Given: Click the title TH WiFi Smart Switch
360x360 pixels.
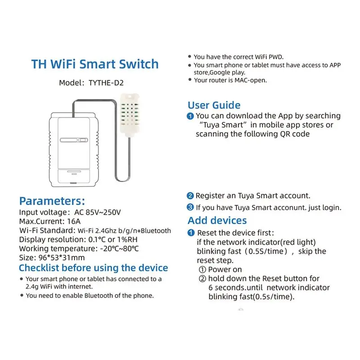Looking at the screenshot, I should pos(94,63).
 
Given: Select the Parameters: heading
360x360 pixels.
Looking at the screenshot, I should pos(52,201).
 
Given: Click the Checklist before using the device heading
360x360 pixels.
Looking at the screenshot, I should pos(93,268).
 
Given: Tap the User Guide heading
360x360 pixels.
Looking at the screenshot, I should pos(214,105).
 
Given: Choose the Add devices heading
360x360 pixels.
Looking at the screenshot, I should pos(217,220).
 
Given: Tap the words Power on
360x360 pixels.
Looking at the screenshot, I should pos(225,269).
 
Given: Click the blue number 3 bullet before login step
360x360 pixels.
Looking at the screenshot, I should pos(190,207).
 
